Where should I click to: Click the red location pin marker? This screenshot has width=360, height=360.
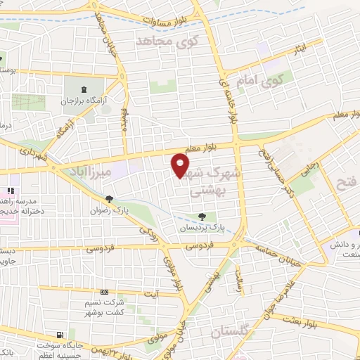click(181, 165)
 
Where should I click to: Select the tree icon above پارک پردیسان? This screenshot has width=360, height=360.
click(202, 217)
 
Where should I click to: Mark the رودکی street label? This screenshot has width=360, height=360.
click(146, 230)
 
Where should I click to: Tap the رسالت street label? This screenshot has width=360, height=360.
click(239, 282)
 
